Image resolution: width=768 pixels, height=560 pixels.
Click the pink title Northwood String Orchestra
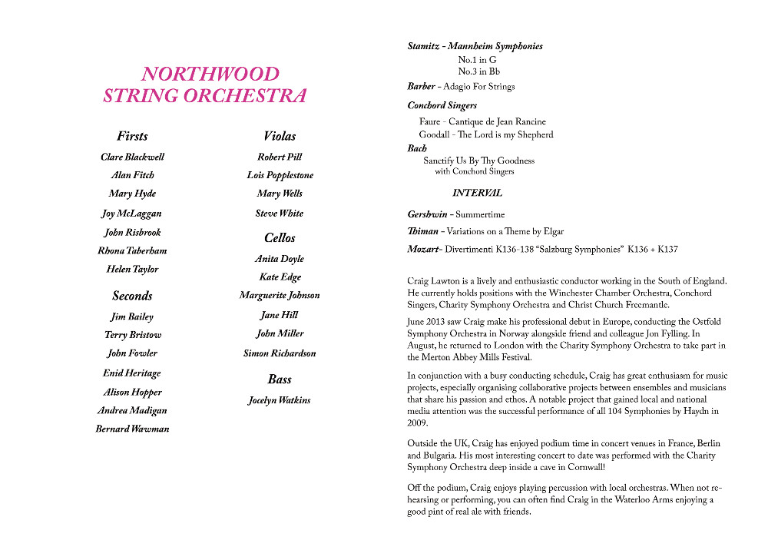[204, 84]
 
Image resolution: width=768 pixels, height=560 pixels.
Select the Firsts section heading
[132, 136]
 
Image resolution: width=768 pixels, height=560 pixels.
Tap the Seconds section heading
[132, 296]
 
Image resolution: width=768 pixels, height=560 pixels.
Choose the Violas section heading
[280, 136]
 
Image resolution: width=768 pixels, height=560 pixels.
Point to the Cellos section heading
[280, 238]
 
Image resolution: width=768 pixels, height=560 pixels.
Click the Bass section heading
[280, 379]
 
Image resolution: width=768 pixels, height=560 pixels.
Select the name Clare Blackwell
[132, 157]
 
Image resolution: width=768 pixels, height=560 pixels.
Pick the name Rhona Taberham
[132, 250]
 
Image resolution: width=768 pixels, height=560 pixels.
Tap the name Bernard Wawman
[132, 429]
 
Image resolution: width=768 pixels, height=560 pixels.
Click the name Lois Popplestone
[280, 175]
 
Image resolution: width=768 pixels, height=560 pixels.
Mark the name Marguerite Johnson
[280, 295]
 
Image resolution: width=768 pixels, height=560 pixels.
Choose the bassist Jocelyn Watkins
[280, 400]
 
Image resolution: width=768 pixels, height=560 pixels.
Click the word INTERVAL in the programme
[477, 193]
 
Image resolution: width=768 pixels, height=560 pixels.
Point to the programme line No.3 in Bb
[478, 71]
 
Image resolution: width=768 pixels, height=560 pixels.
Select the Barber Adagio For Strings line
[461, 87]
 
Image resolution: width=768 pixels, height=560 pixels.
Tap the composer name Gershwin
[427, 214]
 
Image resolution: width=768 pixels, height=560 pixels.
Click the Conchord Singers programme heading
[442, 105]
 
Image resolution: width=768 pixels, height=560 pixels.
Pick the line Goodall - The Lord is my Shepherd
[486, 134]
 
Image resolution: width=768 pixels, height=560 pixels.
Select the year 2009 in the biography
[419, 423]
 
